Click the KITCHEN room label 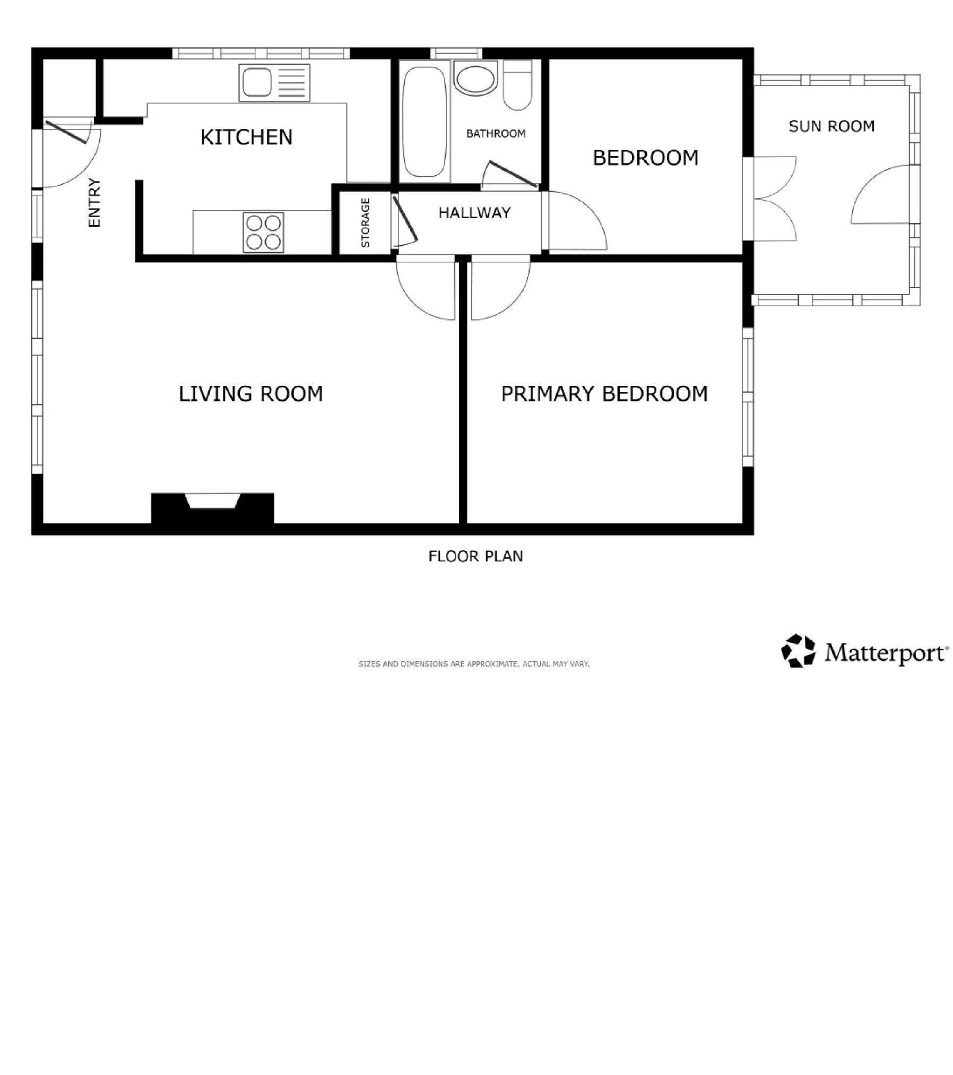[x=246, y=137]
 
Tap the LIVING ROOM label [x=251, y=393]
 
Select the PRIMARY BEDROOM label [x=604, y=393]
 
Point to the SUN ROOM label [x=831, y=126]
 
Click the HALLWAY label [x=474, y=213]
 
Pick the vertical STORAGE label [x=365, y=222]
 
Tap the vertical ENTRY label [x=94, y=202]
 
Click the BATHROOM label [x=496, y=133]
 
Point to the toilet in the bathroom [x=517, y=85]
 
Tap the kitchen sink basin [x=257, y=82]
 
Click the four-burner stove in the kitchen [x=264, y=232]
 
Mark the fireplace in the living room [x=213, y=508]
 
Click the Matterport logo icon [x=798, y=650]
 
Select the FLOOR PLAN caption [x=475, y=556]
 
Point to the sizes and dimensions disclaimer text [x=474, y=664]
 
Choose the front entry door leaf [x=66, y=132]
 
